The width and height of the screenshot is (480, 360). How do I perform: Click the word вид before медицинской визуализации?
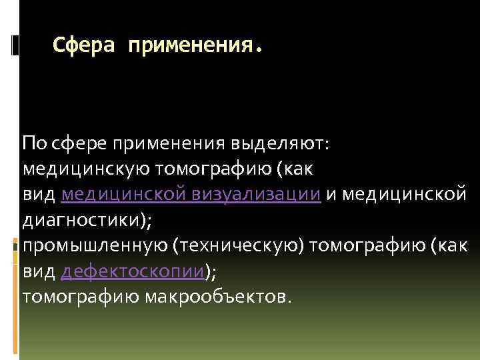[x=39, y=194]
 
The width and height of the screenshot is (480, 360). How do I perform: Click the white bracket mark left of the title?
[x=15, y=44]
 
